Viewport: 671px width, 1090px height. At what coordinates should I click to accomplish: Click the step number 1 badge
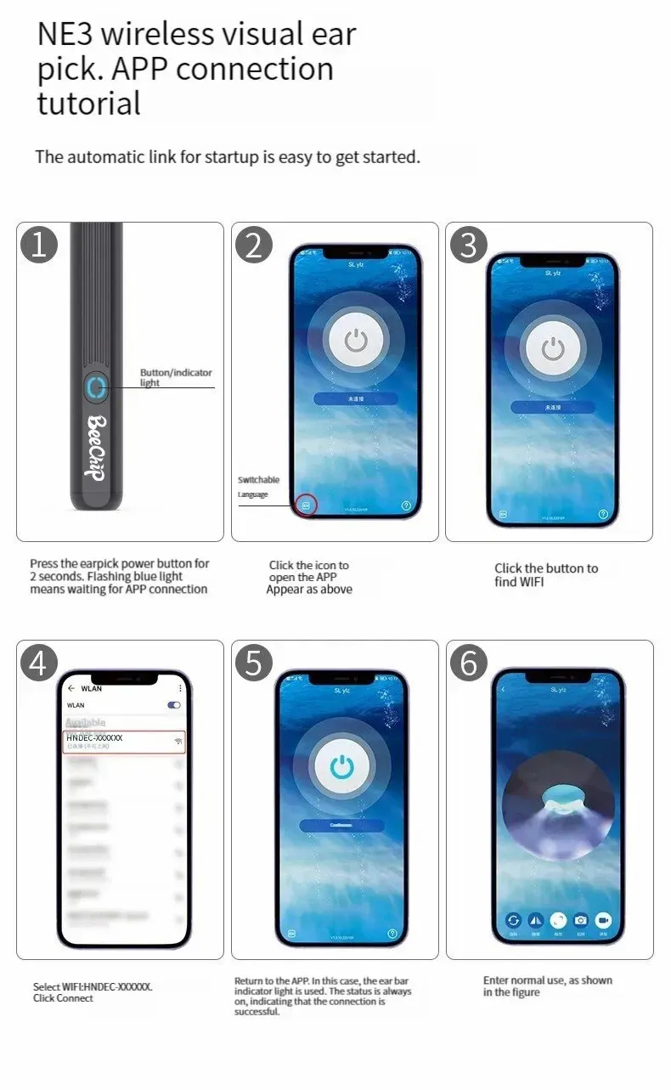pos(38,245)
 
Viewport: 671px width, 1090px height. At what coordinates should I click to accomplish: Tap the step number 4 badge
pos(38,663)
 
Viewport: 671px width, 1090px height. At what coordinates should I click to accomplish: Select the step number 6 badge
pos(469,663)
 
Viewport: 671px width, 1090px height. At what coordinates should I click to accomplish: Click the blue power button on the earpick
pos(95,387)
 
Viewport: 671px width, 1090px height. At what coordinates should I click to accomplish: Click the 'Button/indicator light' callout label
pos(176,377)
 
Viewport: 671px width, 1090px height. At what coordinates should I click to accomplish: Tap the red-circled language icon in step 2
pos(307,505)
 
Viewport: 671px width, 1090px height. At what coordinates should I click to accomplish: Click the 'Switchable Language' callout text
pos(258,487)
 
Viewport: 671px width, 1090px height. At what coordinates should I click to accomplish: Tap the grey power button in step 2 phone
pos(356,342)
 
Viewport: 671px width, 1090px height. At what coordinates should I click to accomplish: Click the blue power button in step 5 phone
pos(341,766)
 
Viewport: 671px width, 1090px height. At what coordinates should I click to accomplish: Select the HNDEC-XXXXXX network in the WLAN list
pos(124,741)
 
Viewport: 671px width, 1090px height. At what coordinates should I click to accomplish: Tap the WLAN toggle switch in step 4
pos(174,705)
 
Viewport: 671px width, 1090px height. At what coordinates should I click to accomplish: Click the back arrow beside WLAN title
pos(71,688)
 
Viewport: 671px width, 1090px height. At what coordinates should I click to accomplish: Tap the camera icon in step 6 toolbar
pos(581,920)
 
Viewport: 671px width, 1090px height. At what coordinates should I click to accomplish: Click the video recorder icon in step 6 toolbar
pos(603,920)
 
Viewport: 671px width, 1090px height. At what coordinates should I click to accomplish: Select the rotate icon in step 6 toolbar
pos(513,920)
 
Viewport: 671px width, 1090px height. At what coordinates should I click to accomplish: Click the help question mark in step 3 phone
pos(604,514)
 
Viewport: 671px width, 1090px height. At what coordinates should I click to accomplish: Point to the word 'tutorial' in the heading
pos(88,104)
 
